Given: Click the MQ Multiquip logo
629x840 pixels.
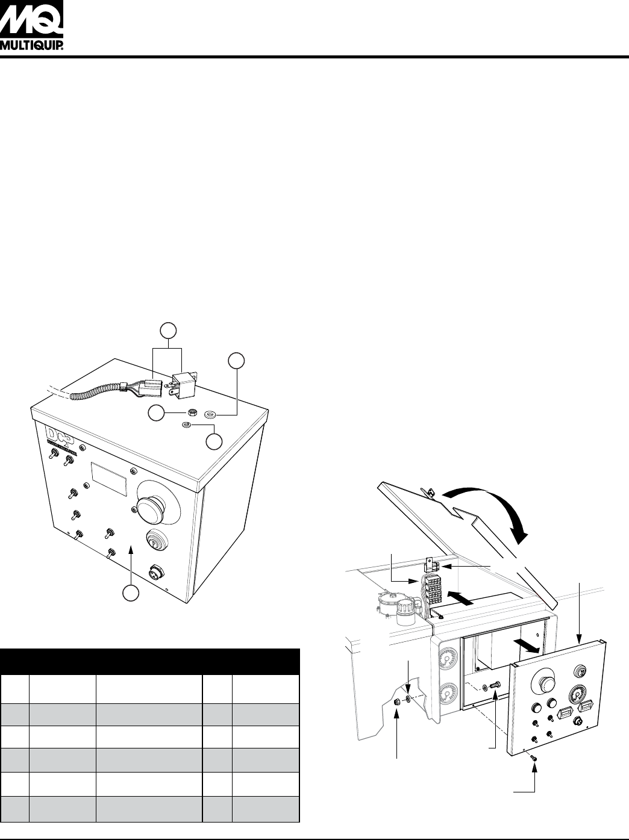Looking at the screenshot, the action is [x=31, y=25].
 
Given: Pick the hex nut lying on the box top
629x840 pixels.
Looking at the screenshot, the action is [x=193, y=412].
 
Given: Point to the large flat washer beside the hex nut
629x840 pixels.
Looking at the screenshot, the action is [x=210, y=413].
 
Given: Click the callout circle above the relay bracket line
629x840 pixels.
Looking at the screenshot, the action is [x=168, y=331].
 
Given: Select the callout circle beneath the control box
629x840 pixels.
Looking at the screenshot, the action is [x=131, y=603].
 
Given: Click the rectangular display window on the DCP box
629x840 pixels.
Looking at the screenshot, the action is [x=108, y=478].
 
